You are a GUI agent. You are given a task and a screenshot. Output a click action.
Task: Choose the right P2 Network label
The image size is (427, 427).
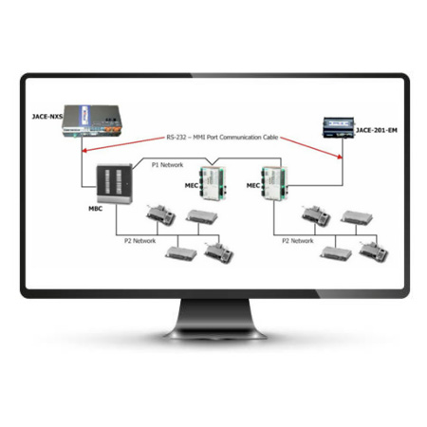coord(296,241)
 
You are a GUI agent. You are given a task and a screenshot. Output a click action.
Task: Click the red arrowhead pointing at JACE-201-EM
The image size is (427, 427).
coord(340,156)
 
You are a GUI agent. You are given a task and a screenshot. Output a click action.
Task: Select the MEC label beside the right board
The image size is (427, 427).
coord(252,187)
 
